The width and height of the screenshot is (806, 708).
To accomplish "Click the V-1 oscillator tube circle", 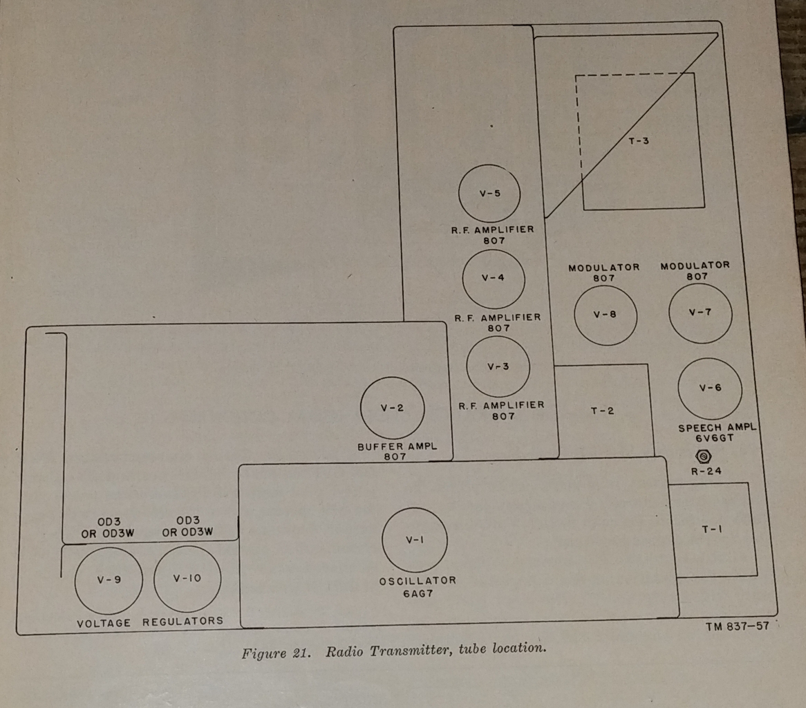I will [x=415, y=540].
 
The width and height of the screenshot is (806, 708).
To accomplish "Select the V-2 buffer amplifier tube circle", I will [x=392, y=408].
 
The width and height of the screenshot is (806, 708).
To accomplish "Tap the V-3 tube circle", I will [x=498, y=366].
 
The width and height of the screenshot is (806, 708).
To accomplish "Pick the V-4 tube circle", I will [x=493, y=278].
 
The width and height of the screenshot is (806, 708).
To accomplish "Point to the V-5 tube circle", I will [x=489, y=194].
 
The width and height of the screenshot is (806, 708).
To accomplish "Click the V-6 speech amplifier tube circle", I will [x=710, y=388].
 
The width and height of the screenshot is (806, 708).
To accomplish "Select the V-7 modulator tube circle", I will [x=700, y=312].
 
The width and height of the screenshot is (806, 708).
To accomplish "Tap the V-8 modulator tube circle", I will [x=605, y=314].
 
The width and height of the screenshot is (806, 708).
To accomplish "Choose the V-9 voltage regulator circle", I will [x=109, y=580].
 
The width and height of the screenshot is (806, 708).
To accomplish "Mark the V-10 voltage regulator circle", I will [x=187, y=579].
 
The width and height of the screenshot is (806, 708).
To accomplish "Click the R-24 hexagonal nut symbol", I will [x=704, y=457].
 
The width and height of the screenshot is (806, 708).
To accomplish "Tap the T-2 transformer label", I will [x=602, y=411].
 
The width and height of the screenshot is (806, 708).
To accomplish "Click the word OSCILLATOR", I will [x=418, y=581].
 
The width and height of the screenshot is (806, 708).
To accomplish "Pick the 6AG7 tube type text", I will [x=418, y=593].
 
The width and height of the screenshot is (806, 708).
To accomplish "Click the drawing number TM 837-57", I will [x=737, y=627].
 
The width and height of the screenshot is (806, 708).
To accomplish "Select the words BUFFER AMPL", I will [x=397, y=447].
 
